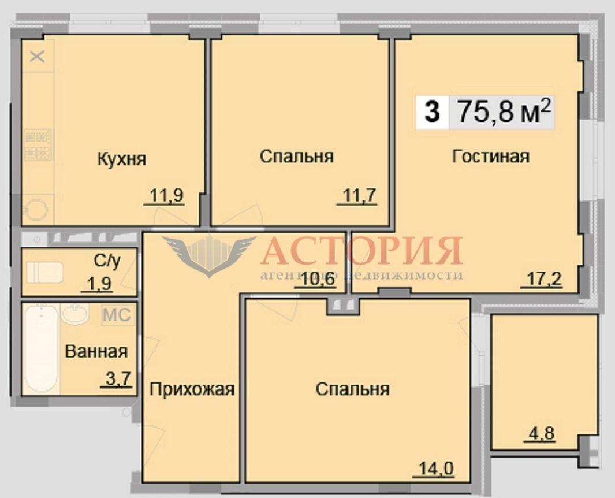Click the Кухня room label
[x=122, y=159]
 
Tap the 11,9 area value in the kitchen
[x=167, y=196]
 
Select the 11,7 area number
[x=360, y=195]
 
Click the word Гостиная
[x=491, y=156]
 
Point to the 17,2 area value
[x=545, y=280]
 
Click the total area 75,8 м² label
[x=504, y=112]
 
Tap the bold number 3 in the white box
[x=432, y=112]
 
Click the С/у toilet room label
[x=107, y=261]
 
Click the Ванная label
[x=96, y=352]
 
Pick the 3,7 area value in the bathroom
[x=118, y=380]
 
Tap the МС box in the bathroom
[x=117, y=315]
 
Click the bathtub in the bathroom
[x=41, y=349]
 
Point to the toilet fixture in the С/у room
[x=44, y=272]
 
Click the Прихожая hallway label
[x=192, y=389]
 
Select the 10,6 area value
[x=319, y=280]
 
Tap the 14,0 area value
[x=436, y=468]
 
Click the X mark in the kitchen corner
[x=38, y=57]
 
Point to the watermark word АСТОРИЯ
[x=361, y=251]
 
